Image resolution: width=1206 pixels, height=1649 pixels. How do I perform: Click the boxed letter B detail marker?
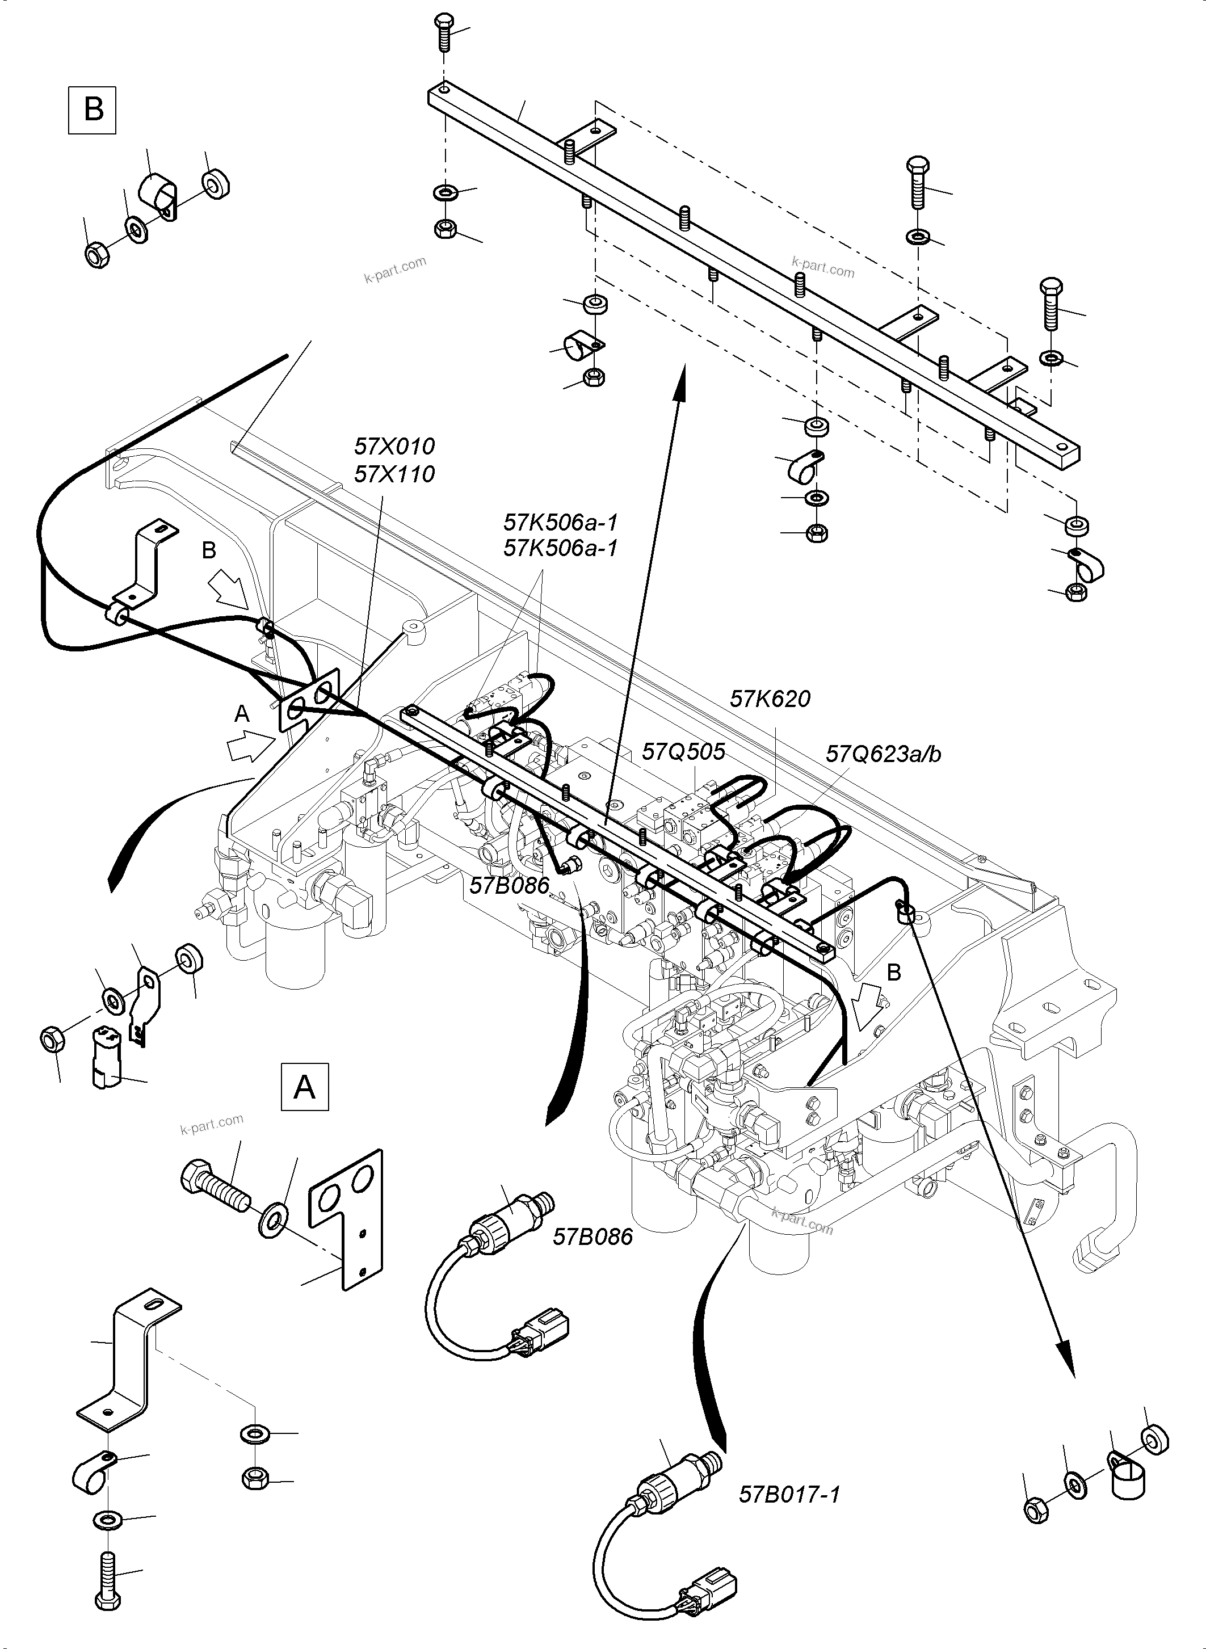[93, 110]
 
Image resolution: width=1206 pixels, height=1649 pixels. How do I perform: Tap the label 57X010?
[394, 446]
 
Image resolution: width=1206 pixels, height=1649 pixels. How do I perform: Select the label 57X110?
[394, 474]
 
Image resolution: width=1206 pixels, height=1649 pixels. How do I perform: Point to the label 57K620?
[770, 699]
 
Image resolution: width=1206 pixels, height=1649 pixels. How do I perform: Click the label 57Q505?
[683, 751]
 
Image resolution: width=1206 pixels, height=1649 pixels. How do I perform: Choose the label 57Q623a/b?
[883, 754]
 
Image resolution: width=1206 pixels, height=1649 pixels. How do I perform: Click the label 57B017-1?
[790, 1488]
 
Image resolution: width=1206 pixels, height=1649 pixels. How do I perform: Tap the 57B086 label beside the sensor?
[593, 1236]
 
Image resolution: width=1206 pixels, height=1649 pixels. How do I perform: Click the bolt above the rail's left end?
[444, 31]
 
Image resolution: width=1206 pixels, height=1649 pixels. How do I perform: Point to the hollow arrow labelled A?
[247, 747]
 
